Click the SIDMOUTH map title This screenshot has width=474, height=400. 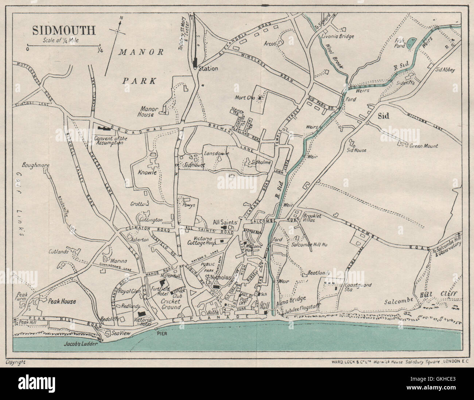64,30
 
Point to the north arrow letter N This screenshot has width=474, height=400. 122,18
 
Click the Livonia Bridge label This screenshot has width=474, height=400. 338,36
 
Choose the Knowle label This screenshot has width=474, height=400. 147,172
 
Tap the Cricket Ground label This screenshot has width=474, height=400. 171,304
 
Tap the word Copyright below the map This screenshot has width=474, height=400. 16,362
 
